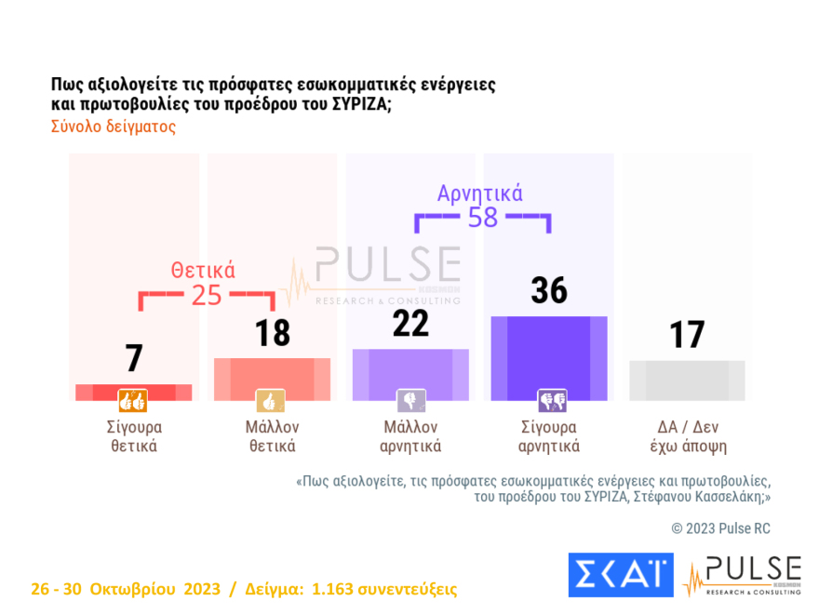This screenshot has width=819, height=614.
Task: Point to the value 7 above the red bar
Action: (134, 358)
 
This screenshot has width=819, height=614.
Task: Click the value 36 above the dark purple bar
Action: (549, 290)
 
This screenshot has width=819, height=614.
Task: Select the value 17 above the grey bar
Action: (687, 335)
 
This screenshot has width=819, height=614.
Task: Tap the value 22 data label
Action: (410, 323)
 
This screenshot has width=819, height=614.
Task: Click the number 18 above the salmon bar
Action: (273, 333)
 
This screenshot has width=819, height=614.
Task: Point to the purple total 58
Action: (483, 218)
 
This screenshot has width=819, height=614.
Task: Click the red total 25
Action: (207, 295)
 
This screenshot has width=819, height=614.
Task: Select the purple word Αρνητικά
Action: (480, 194)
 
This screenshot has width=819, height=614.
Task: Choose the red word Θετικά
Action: (203, 271)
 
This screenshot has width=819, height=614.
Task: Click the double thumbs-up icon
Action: (133, 402)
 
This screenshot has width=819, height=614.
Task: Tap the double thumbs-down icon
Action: (551, 401)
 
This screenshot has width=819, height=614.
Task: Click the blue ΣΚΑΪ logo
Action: (620, 574)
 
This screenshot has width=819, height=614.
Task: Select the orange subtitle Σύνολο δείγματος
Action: (113, 127)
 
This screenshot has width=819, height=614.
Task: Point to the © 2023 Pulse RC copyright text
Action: (720, 528)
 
